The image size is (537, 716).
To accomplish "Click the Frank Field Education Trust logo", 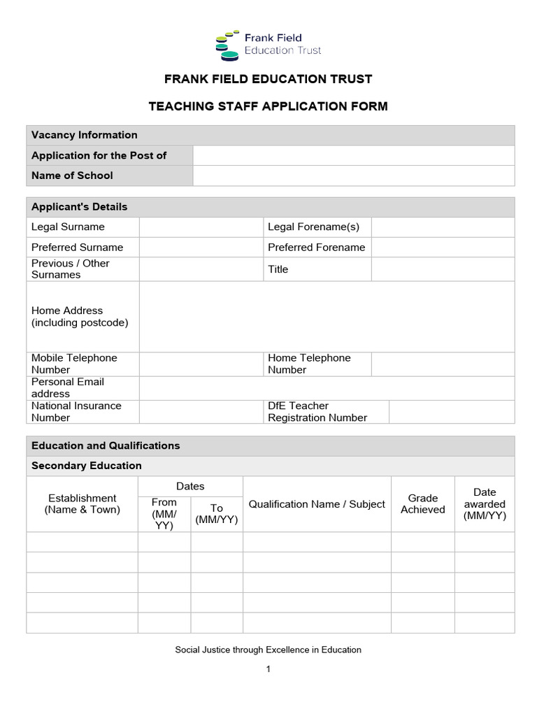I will [x=268, y=43].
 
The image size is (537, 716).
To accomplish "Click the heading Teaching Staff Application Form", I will [x=268, y=106].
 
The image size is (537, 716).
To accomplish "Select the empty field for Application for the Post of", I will [x=353, y=155].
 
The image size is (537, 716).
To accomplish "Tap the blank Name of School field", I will [x=353, y=176].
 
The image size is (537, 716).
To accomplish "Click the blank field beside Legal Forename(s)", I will [x=442, y=227].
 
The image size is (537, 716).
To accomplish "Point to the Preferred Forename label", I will [x=316, y=248].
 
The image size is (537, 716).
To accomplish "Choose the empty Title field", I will [x=442, y=269].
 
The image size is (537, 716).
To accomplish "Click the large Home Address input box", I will [x=327, y=316].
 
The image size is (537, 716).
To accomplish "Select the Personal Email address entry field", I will [x=327, y=387].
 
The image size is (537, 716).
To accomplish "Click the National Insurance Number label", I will [x=76, y=411].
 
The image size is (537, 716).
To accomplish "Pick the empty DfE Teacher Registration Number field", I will [x=451, y=411].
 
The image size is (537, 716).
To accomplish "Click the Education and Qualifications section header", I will [x=106, y=445].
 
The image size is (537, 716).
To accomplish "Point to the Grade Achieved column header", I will [x=422, y=504].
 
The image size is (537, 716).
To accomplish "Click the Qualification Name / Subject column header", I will [x=317, y=504].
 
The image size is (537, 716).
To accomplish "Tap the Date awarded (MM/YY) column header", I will [x=485, y=504].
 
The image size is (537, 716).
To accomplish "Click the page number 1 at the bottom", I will [x=268, y=669].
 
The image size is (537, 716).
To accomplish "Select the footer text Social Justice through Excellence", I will [x=268, y=650].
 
